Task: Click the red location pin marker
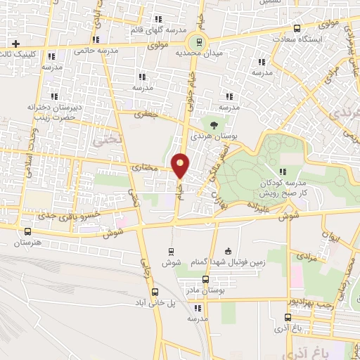click(x=181, y=165)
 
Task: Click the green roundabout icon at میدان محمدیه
click(x=200, y=40)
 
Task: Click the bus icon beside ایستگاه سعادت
click(x=297, y=29)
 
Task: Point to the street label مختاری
click(x=146, y=168)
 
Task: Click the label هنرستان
click(x=27, y=243)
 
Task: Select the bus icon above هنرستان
click(x=27, y=231)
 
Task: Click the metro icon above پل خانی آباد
click(x=155, y=292)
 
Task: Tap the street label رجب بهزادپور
click(x=314, y=300)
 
